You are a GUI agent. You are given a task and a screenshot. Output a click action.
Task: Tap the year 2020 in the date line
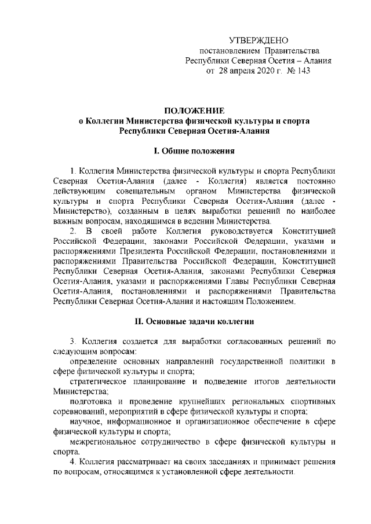254,71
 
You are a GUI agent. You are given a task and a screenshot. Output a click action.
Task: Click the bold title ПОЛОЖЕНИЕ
194,111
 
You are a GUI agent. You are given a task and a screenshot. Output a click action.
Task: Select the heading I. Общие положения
194,152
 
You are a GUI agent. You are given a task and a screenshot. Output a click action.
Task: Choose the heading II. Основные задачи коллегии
194,320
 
